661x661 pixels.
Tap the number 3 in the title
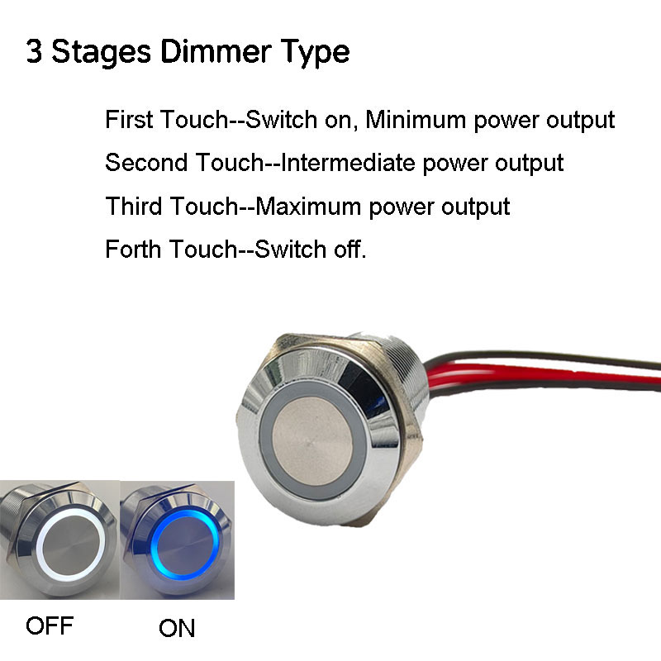pos(34,51)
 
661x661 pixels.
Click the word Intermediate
pos(350,163)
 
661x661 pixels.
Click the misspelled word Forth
pos(133,249)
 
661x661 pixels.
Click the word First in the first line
pos(128,120)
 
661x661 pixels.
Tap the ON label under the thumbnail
pos(177,628)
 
